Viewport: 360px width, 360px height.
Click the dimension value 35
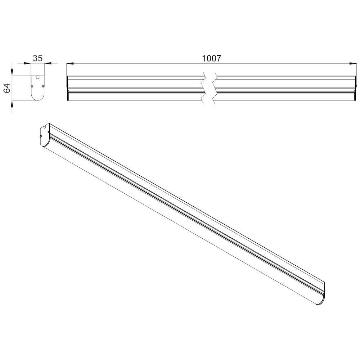pos(38,58)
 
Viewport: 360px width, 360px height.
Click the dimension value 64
pos(7,88)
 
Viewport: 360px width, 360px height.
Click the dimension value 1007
pos(211,58)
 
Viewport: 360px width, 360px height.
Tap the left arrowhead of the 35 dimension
pos(28,63)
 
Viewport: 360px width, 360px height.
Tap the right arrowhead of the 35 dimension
pos(48,63)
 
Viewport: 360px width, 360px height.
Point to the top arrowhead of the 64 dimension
pos(12,72)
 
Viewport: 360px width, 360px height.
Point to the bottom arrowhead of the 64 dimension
pos(12,104)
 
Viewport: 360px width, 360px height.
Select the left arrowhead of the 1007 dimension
pos(70,63)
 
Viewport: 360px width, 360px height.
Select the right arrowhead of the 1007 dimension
pos(352,63)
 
